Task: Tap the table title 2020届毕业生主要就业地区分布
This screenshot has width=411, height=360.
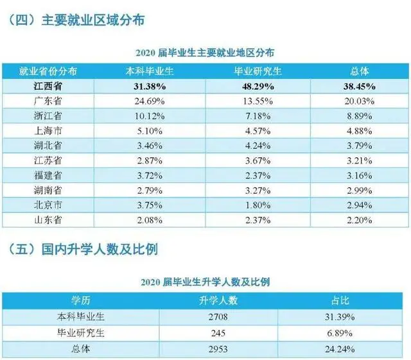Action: [x=205, y=51]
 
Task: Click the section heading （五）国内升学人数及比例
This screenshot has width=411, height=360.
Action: [x=81, y=250]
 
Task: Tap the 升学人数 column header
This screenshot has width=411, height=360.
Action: [x=220, y=300]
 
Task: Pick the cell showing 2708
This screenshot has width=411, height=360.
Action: [x=220, y=316]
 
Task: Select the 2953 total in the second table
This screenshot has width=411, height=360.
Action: [x=220, y=348]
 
